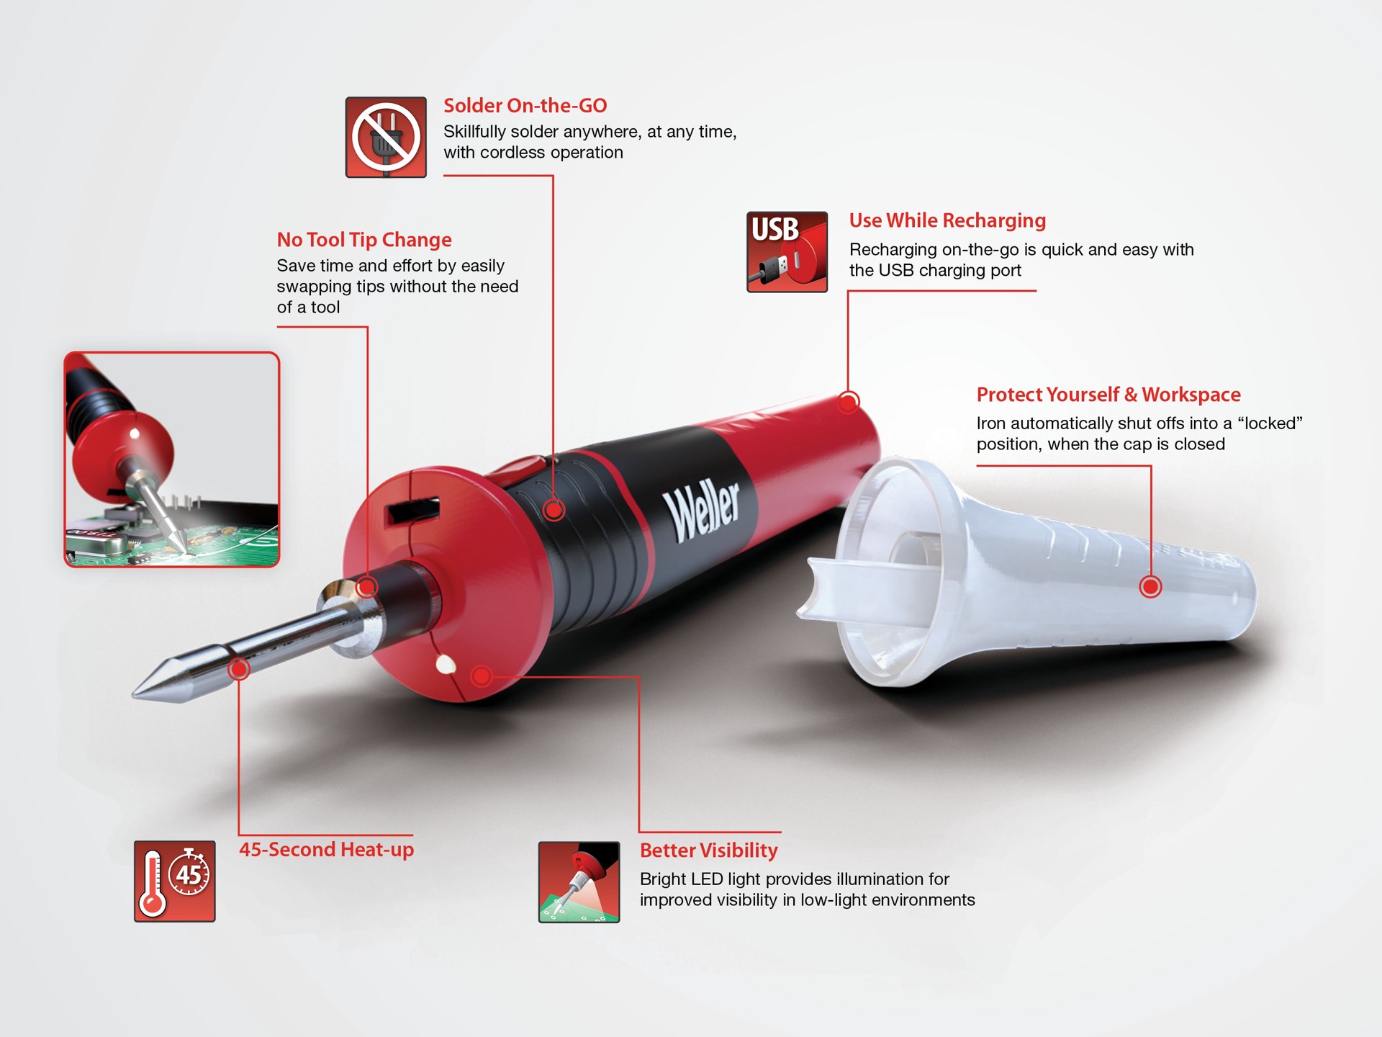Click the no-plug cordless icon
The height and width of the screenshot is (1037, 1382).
(386, 137)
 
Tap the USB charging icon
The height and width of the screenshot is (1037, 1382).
(787, 252)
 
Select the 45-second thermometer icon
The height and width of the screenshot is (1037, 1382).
(174, 881)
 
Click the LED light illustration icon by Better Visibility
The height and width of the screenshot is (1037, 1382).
(579, 882)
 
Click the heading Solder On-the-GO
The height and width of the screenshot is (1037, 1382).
(525, 106)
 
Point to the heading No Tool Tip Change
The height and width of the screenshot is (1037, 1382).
(364, 240)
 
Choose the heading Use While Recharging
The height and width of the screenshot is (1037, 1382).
(947, 220)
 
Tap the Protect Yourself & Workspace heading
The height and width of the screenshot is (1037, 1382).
(1108, 395)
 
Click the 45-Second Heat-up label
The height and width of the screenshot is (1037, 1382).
(326, 850)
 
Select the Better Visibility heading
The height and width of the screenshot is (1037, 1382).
(708, 850)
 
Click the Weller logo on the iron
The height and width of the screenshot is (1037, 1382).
(702, 512)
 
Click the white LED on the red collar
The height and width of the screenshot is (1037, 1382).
(446, 663)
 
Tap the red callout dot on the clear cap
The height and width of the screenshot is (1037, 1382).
(1150, 587)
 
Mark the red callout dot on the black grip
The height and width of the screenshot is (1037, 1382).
(553, 510)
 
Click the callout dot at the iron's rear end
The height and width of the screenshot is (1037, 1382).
(849, 401)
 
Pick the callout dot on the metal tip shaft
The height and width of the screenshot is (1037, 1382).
(238, 669)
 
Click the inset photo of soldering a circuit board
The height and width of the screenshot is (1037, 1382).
(171, 459)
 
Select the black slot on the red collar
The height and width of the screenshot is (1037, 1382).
(412, 511)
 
